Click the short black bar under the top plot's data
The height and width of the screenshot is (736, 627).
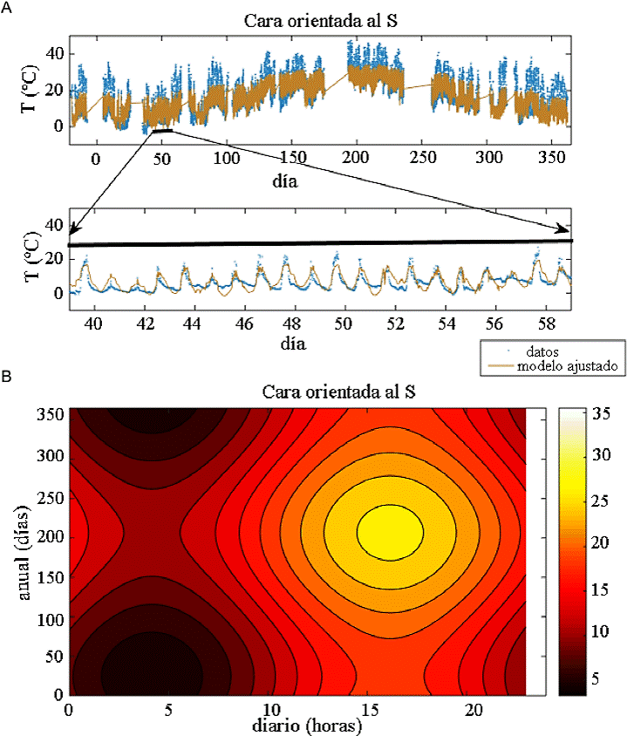click(162, 131)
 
